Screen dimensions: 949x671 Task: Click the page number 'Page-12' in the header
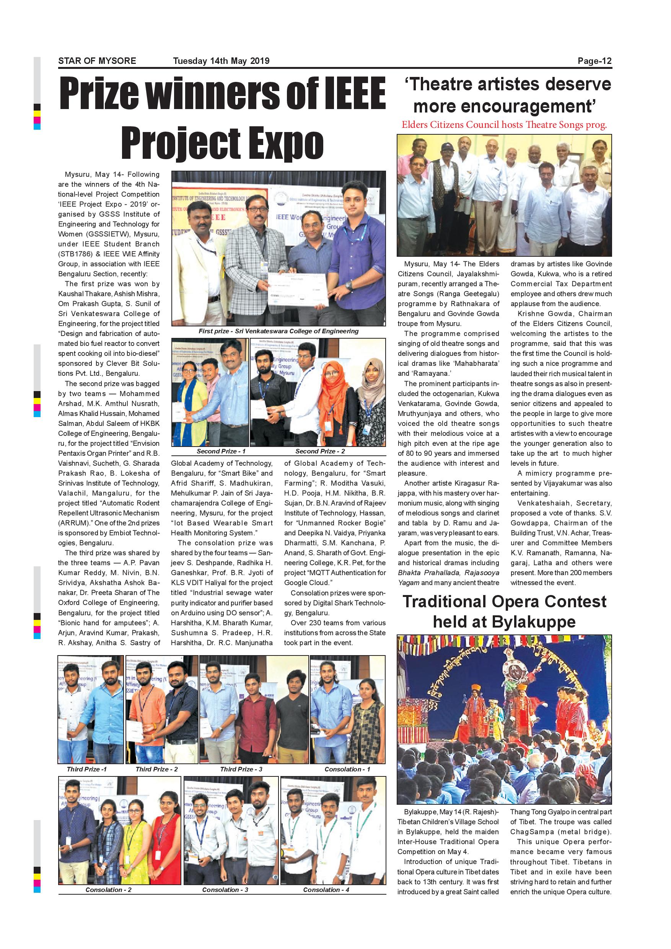coord(594,61)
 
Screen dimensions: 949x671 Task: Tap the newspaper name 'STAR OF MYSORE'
coord(97,61)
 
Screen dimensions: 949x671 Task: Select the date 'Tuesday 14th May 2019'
coord(221,61)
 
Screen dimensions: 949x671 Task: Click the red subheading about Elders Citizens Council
coord(504,125)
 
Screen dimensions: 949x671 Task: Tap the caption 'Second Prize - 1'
coord(221,452)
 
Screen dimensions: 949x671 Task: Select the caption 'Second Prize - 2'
coord(320,452)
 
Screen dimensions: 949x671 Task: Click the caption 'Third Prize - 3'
coord(241,769)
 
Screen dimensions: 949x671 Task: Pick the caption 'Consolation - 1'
coord(347,769)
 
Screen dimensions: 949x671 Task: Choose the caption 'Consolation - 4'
coord(326,889)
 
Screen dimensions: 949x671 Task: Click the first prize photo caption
coord(278,331)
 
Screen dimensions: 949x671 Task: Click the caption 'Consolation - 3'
coord(225,889)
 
